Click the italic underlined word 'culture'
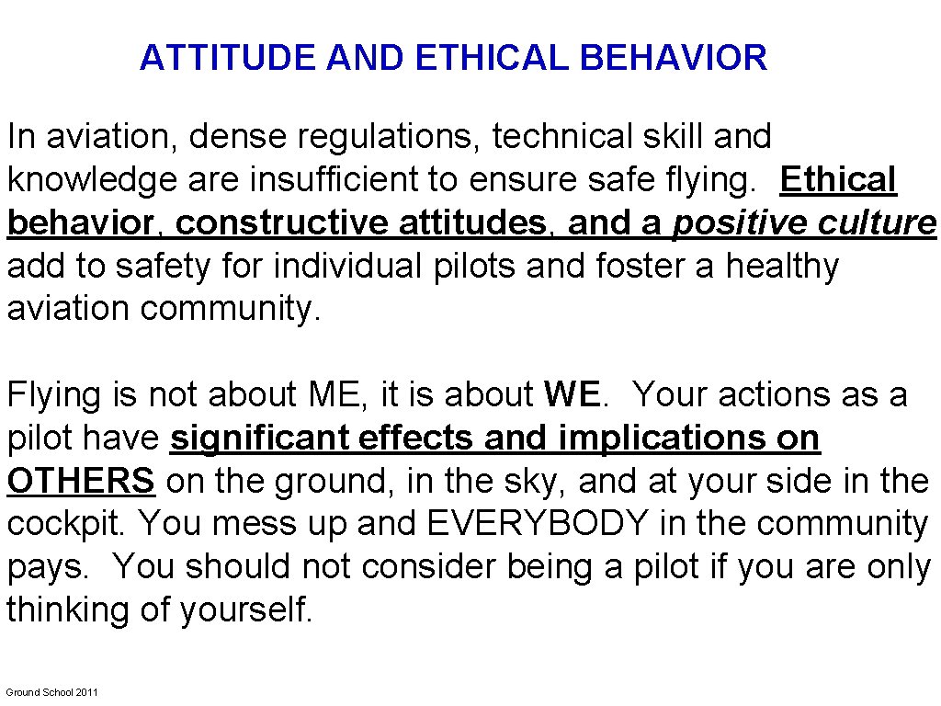coord(883,223)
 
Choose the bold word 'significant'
coord(258,438)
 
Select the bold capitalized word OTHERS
coord(81,481)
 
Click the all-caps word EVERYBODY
coord(538,524)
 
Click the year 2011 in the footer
coord(86,692)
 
